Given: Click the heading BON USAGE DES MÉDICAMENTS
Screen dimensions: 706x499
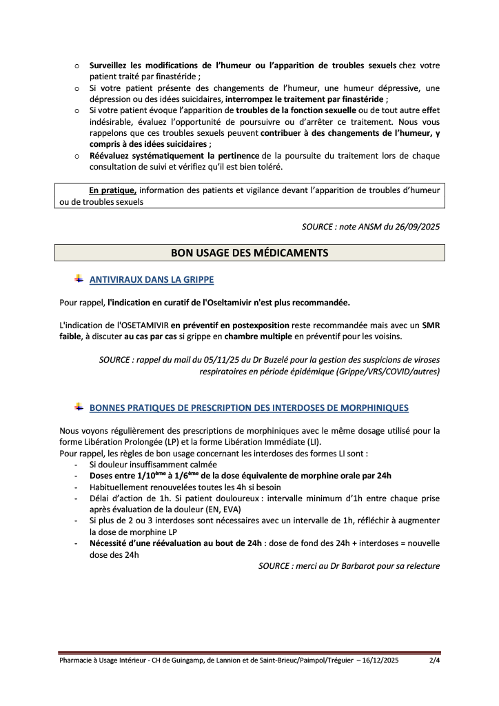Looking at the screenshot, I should tap(250, 253).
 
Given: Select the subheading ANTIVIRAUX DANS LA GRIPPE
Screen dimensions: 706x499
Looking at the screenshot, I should tap(152, 280).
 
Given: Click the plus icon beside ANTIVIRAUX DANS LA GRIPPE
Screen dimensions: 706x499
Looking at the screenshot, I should tap(79, 279).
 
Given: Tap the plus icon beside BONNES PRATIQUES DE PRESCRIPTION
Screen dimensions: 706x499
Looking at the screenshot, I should tap(79, 407).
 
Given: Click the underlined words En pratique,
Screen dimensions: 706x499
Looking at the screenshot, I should tap(113, 189).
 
